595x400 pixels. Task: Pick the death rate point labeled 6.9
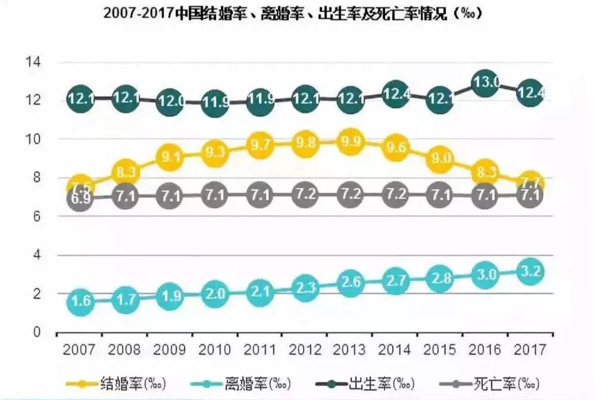79,199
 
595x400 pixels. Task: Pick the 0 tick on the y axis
35,332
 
